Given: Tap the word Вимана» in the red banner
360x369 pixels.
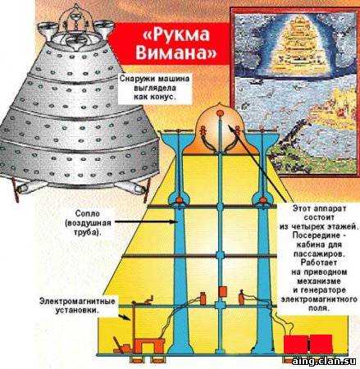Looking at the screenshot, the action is pos(176,52).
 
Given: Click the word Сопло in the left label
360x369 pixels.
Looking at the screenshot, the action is pos(88,213).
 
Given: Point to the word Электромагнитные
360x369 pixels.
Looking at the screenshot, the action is pos(77,302).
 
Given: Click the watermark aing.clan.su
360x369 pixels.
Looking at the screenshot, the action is pos(324,361).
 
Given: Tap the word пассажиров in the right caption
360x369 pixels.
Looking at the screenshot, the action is pos(319,254).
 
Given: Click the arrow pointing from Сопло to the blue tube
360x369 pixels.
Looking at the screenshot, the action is pos(146,222).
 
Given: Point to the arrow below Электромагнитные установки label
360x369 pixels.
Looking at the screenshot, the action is pos(125,317).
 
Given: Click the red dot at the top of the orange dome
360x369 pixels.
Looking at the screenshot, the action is pos(220,112).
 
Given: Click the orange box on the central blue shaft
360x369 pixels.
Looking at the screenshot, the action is pos(223,291).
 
